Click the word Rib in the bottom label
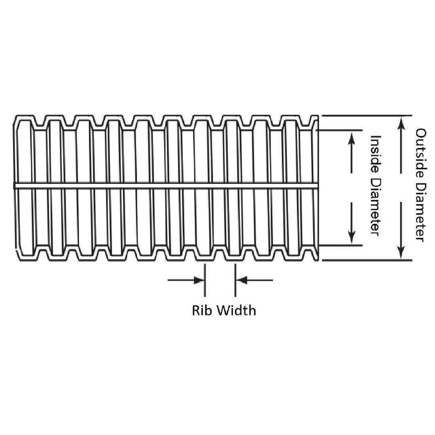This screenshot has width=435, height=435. (x=200, y=310)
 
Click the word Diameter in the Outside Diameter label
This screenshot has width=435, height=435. (x=421, y=212)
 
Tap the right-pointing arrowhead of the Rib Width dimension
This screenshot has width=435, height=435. (x=199, y=280)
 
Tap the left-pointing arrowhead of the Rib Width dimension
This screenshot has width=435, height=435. (x=241, y=280)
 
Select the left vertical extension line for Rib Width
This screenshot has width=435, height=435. (x=205, y=280)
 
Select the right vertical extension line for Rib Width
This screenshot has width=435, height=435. (x=235, y=280)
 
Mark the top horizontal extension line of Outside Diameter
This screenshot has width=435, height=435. (x=367, y=115)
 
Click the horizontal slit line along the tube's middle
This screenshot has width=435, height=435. (x=166, y=185)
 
